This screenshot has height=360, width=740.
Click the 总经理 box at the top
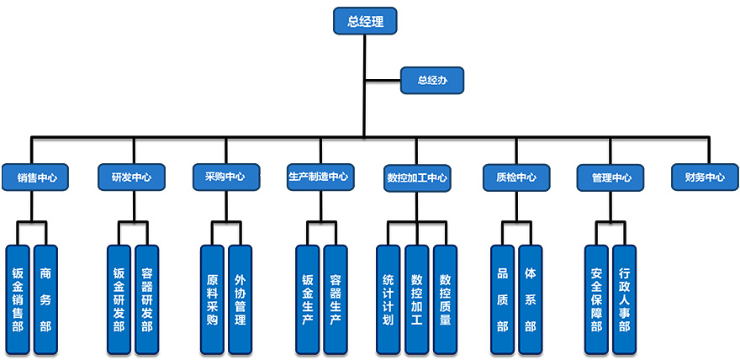coord(365,22)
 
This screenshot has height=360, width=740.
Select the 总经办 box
coord(431,81)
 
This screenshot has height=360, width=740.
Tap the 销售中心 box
coord(34,177)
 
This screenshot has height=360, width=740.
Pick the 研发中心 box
coord(131,177)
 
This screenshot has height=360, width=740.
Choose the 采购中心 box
coord(225,177)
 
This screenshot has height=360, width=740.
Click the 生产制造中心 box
coord(318,177)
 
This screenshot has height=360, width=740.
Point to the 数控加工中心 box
coord(417,177)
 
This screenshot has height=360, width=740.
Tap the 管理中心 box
coord(611,177)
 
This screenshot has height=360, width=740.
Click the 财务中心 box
coord(705,177)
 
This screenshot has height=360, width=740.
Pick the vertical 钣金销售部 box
coord(18,299)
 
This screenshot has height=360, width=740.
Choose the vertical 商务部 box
coord(45,299)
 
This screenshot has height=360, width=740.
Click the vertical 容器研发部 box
coord(147,299)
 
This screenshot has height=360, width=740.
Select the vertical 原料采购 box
coord(212,299)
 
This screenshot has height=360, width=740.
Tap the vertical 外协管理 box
coord(240,299)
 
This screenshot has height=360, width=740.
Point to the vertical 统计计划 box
coord(388,299)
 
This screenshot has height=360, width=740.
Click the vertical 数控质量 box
coord(445,299)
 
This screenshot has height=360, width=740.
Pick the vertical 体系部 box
coord(530,299)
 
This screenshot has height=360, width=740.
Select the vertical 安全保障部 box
coord(596,299)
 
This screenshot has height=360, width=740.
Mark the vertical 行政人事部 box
coord(624,299)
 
